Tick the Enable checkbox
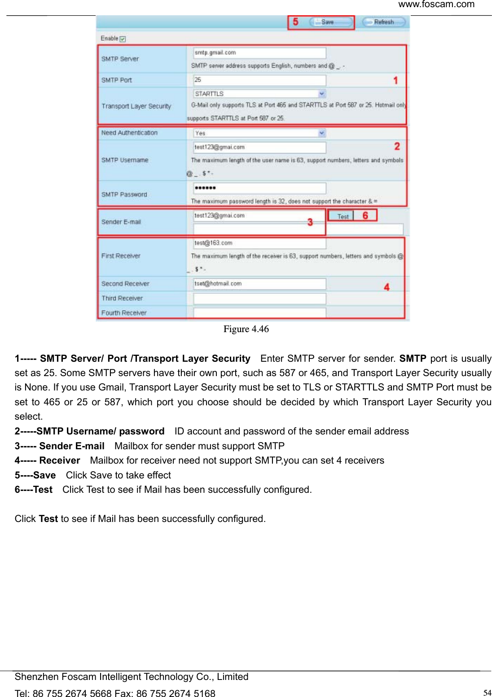tap(123, 39)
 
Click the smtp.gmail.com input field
tap(259, 53)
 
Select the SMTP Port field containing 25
tap(259, 80)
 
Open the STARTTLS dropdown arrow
tap(322, 94)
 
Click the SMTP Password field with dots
tap(259, 188)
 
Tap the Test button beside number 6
tap(343, 216)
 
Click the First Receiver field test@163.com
tap(259, 243)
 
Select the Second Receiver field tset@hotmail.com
tap(259, 284)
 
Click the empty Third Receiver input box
tap(259, 298)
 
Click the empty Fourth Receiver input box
tap(259, 313)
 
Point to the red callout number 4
tap(387, 287)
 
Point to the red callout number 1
tap(395, 80)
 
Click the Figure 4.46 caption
tap(246, 329)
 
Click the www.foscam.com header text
tap(436, 4)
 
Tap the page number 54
tap(487, 693)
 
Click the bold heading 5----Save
tap(35, 475)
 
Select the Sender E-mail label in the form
tap(121, 222)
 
